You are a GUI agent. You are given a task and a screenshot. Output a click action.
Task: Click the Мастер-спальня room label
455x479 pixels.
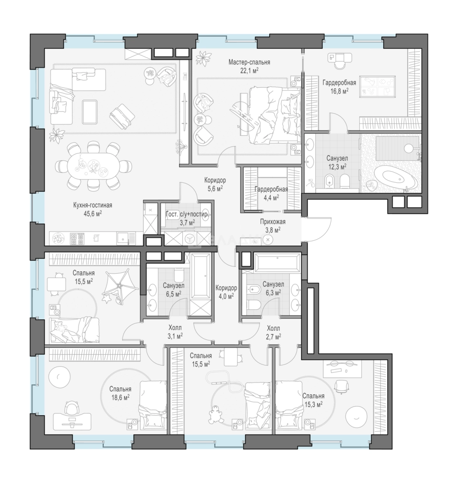click(249, 63)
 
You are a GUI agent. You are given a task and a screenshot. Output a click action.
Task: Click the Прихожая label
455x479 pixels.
click(273, 222)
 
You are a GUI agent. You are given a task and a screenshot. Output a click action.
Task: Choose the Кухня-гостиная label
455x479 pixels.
click(93, 205)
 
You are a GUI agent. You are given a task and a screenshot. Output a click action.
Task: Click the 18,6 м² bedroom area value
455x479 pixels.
click(120, 397)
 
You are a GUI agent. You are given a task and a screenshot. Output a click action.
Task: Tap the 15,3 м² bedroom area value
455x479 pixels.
click(313, 404)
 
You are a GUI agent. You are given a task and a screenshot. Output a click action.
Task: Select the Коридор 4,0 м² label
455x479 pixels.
click(226, 292)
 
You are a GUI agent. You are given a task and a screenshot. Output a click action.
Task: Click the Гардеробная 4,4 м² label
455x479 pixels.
click(271, 193)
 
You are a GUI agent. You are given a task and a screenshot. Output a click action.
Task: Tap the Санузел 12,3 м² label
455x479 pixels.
click(337, 162)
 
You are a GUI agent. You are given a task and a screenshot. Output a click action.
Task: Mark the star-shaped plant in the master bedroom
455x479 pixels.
click(203, 58)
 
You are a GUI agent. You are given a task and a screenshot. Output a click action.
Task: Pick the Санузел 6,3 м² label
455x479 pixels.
click(273, 288)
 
